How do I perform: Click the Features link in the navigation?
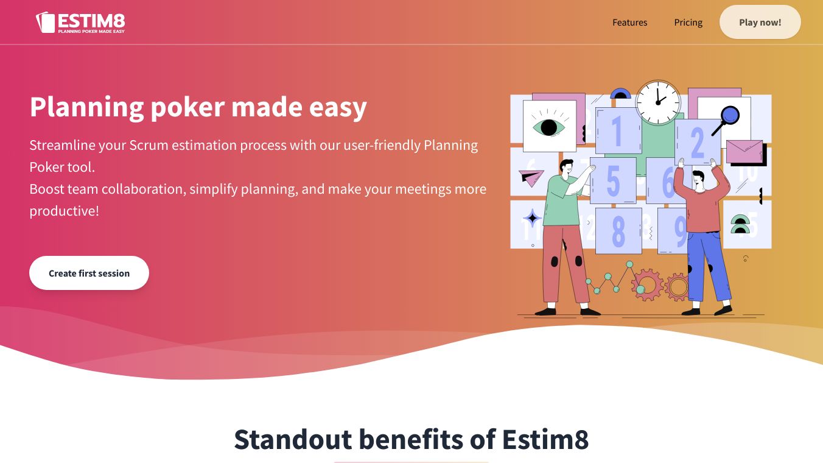(630, 23)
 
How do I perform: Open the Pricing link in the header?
(688, 23)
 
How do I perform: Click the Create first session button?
(89, 273)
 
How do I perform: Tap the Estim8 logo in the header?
(80, 23)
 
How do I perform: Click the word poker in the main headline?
(187, 107)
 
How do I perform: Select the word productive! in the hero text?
(65, 211)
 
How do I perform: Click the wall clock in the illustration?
(657, 102)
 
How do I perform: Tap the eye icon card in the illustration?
(549, 126)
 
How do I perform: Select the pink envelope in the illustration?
(744, 152)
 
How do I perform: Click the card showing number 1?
(618, 130)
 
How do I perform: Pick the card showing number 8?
(618, 230)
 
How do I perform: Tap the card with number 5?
(613, 180)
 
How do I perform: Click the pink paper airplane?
(531, 178)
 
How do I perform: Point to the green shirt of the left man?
(560, 200)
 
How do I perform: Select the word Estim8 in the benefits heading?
(545, 439)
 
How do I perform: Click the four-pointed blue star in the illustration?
(533, 217)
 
